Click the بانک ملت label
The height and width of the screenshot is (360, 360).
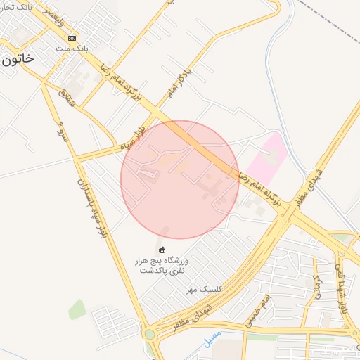(x=72, y=49)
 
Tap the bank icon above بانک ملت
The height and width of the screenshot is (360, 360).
(x=72, y=37)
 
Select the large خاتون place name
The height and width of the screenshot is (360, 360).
(x=17, y=59)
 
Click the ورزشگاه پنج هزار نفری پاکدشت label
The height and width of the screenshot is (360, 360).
(x=162, y=265)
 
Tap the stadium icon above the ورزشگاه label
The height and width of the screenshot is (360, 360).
(x=162, y=250)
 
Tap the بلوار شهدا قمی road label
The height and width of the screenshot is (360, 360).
(x=343, y=288)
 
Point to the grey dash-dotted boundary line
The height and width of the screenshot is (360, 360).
(x=330, y=21)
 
